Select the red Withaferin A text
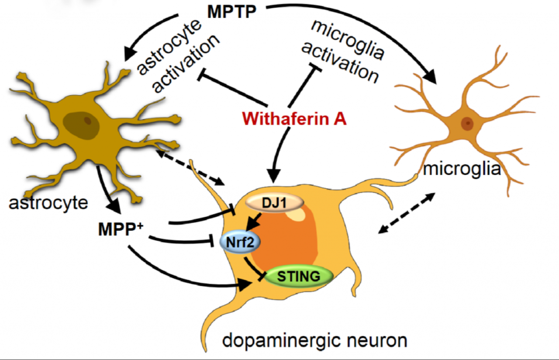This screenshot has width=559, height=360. (295, 118)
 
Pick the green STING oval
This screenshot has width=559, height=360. (299, 276)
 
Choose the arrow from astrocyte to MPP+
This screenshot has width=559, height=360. (107, 186)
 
